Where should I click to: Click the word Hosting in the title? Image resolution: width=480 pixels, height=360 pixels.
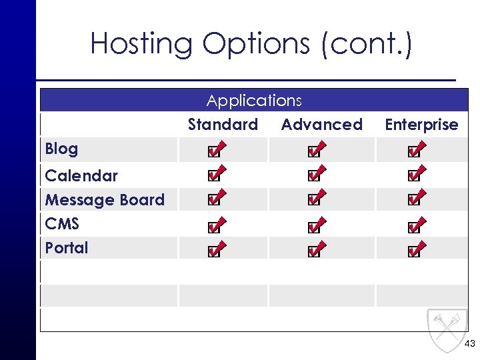(x=141, y=44)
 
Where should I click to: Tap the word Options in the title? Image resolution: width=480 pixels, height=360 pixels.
(x=257, y=44)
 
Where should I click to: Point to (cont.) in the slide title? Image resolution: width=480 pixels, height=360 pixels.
(x=367, y=44)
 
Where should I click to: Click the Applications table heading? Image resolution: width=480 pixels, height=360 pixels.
(x=254, y=101)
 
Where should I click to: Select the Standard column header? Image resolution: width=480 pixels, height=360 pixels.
(x=223, y=125)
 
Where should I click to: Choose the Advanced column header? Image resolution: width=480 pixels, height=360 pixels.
(x=321, y=125)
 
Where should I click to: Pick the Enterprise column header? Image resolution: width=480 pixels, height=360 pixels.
(x=421, y=125)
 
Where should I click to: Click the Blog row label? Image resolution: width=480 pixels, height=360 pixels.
(x=61, y=149)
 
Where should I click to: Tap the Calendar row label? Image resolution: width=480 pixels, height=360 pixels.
(x=81, y=176)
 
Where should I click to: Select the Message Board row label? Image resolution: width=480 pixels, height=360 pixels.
(x=104, y=200)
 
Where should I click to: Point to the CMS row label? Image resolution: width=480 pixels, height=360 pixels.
(x=62, y=224)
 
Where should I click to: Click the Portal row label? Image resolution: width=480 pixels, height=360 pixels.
(x=66, y=248)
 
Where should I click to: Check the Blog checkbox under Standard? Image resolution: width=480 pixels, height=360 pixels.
(x=213, y=151)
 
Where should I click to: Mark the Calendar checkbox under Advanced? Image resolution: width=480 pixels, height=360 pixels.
(x=313, y=177)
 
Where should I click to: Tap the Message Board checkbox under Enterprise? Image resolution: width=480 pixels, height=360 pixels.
(x=413, y=200)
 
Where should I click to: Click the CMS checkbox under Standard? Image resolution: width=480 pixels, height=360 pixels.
(x=213, y=227)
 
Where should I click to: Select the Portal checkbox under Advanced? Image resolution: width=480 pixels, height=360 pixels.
(x=313, y=252)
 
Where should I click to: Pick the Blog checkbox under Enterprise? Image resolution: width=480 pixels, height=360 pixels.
(x=413, y=151)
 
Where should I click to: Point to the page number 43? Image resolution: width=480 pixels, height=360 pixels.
(x=469, y=344)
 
